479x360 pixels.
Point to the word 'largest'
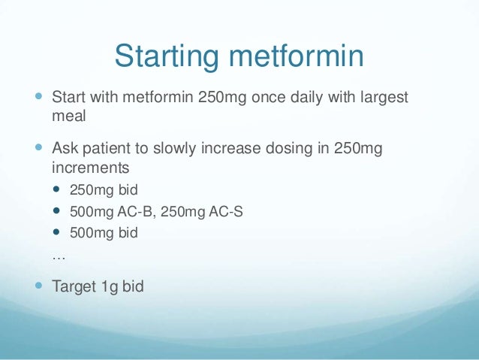click(381, 98)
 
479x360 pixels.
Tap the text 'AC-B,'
click(139, 211)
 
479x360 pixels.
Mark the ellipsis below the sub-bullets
click(59, 256)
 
